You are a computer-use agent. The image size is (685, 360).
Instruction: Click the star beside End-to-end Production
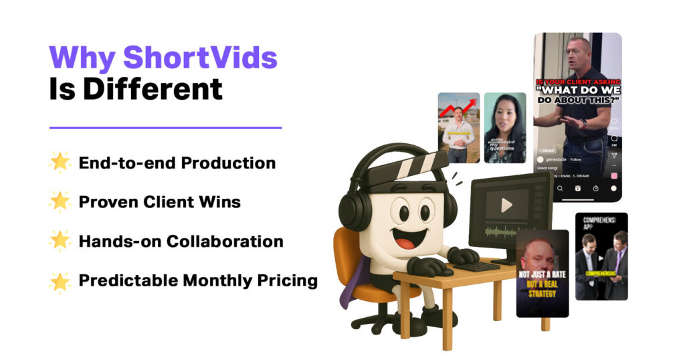coord(60,163)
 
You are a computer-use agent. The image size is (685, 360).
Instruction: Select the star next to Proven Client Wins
coord(60,202)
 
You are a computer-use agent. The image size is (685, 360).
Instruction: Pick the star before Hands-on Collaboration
coord(60,242)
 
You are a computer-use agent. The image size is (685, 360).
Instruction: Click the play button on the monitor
coord(506,205)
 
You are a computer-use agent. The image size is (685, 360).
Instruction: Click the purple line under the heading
coord(165,128)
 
